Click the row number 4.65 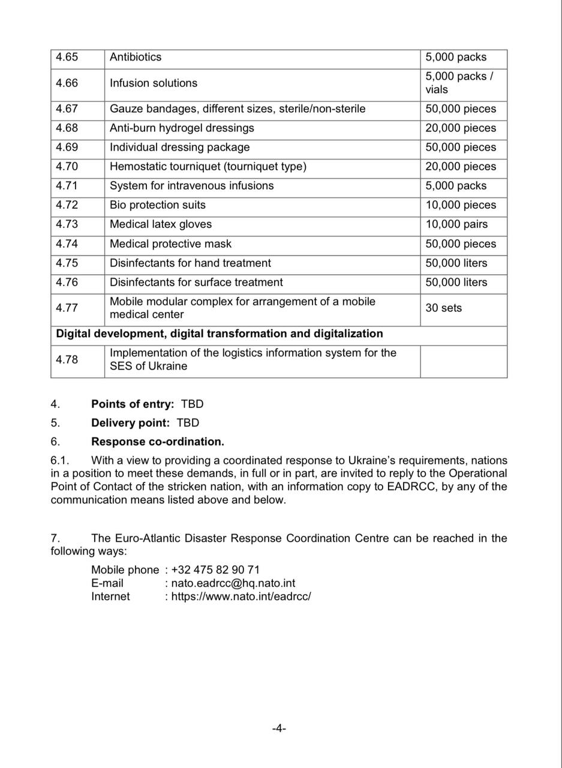[x=67, y=58]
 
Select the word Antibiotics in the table [x=136, y=58]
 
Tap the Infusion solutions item [x=154, y=83]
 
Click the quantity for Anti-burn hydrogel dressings [x=461, y=128]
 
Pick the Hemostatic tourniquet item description [x=208, y=167]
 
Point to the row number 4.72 [x=67, y=205]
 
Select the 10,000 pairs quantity [x=456, y=224]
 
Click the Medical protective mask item [x=170, y=244]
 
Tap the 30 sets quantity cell [x=444, y=308]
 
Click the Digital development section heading [x=220, y=334]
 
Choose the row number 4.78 [x=67, y=360]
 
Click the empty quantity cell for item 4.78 [x=463, y=361]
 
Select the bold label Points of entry [x=133, y=404]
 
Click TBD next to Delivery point [x=188, y=423]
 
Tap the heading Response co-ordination [x=158, y=442]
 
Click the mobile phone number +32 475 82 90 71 [x=215, y=570]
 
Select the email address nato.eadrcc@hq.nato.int [x=233, y=583]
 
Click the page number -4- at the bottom [x=279, y=728]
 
